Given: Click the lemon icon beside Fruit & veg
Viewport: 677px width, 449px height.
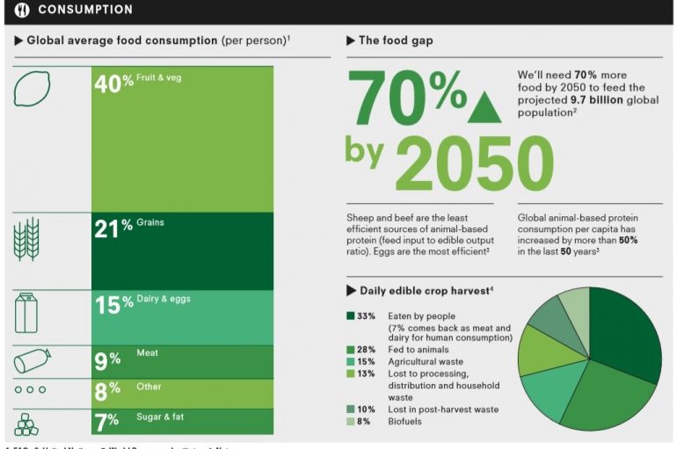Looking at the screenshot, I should coord(32,88).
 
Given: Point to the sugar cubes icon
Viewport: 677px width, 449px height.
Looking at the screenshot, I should coord(27,423).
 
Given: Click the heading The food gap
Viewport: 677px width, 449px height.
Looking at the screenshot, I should coord(395,40).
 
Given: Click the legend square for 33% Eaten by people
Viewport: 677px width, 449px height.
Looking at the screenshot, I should coord(350,315).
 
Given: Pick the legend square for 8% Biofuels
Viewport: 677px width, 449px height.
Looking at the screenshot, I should coord(350,421).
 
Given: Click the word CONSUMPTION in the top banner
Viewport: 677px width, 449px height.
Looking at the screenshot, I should coord(84,10).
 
